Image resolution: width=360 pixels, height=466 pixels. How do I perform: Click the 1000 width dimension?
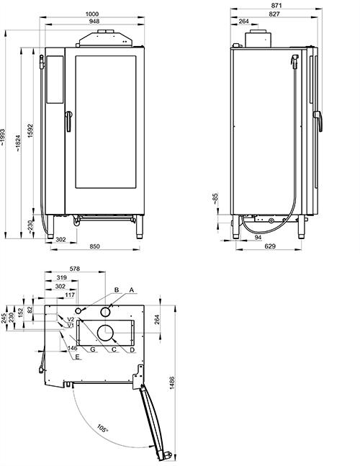point(91,14)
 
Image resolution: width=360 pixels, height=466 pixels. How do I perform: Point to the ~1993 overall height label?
point(2,137)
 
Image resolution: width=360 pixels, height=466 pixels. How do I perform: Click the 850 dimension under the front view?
point(95,246)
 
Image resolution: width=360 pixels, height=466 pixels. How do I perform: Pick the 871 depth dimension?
point(276,5)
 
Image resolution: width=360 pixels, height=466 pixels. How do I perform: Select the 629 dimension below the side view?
point(270,246)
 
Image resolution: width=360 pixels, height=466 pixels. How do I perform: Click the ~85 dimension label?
point(216,199)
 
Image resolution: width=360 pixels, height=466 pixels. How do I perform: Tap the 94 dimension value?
point(258,237)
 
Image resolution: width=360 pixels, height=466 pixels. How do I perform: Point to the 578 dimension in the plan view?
point(75,269)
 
